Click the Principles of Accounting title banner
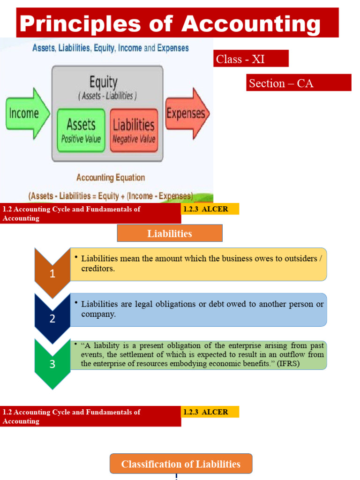(177, 22)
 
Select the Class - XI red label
(251, 59)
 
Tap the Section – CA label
(299, 83)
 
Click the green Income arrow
(26, 113)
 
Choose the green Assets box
(81, 130)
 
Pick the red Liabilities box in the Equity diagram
(134, 130)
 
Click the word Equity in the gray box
(103, 83)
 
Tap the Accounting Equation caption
(110, 178)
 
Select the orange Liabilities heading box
(170, 233)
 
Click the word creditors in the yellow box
(97, 269)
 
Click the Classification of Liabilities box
(181, 464)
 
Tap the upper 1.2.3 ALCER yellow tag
(210, 209)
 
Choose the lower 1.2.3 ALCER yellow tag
(210, 412)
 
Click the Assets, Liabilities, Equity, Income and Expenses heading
(110, 48)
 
